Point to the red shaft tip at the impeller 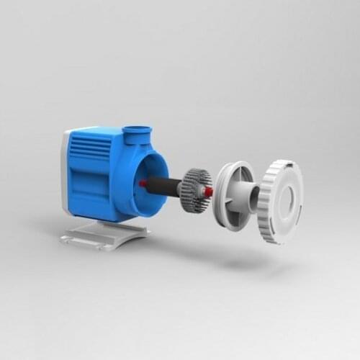tap(209, 192)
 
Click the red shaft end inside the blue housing tap(143, 183)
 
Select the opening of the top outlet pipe tap(136, 130)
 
